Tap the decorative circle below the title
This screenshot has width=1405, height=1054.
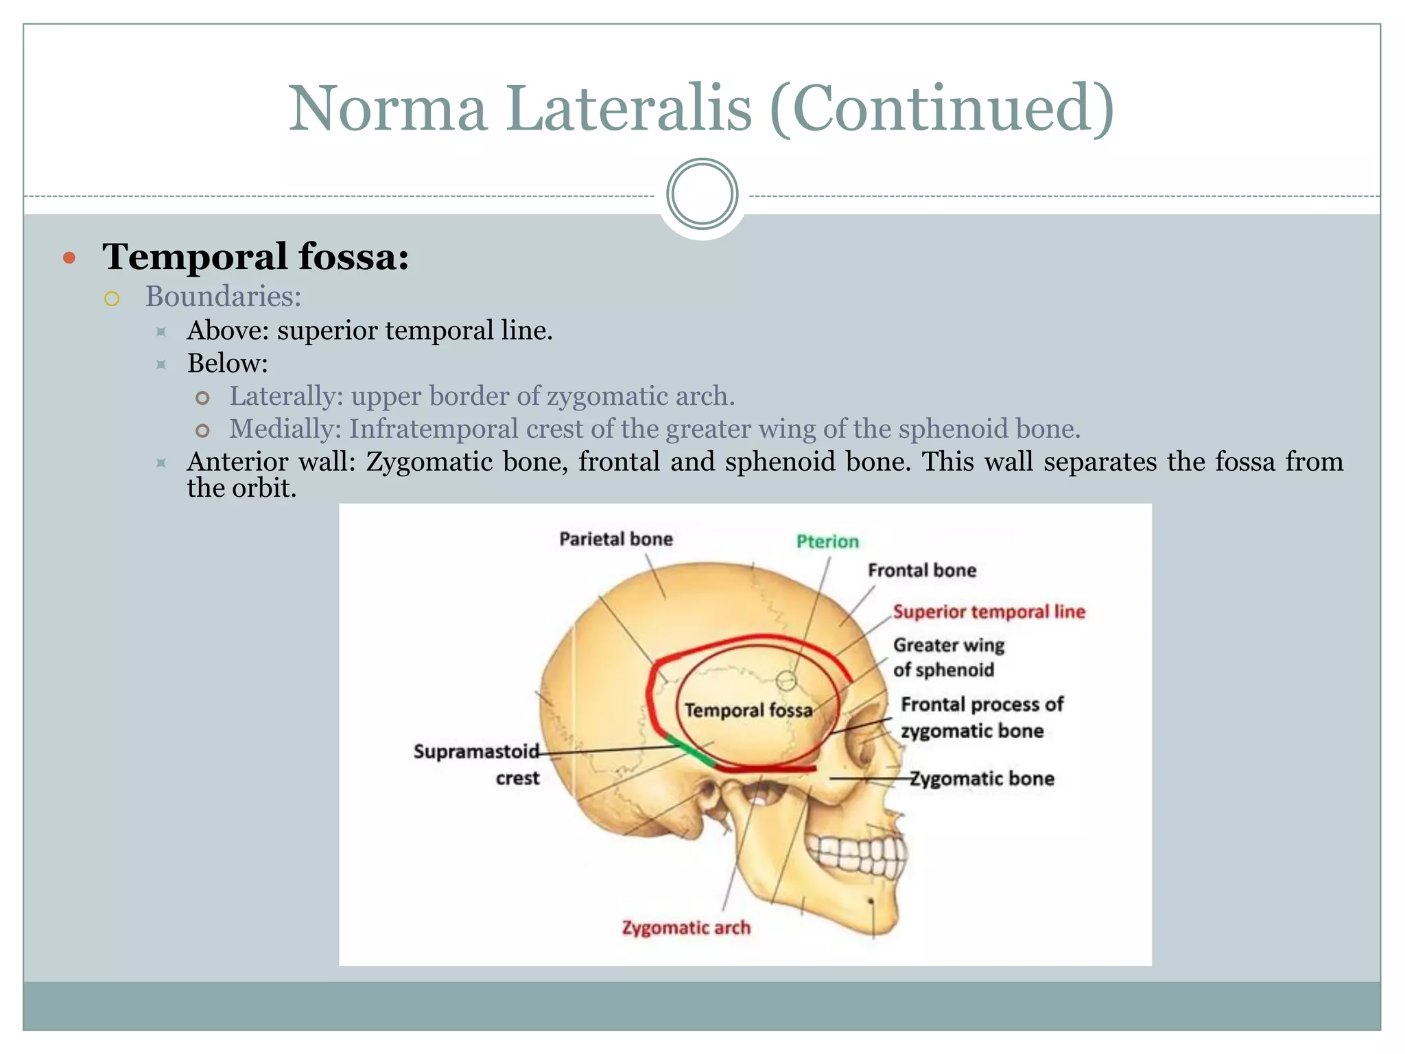pos(702,194)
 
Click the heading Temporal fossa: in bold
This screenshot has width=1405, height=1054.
pos(255,257)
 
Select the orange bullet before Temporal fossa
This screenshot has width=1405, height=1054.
pos(69,258)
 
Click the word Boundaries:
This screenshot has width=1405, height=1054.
pos(223,296)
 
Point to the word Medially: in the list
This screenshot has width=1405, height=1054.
pos(285,429)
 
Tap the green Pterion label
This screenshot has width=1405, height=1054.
pos(827,541)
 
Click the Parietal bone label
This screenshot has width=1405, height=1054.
pos(615,539)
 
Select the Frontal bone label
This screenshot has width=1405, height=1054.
pos(921,570)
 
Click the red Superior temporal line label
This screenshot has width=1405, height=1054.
pos(989,611)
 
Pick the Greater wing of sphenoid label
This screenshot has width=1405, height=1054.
pos(947,657)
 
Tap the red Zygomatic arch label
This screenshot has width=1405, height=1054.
pos(685,928)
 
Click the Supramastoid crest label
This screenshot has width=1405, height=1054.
pos(477,764)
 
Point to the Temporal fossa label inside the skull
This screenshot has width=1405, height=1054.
pos(748,710)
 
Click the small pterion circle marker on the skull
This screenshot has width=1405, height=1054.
pos(786,681)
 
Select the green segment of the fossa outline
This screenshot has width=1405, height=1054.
pos(690,750)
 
